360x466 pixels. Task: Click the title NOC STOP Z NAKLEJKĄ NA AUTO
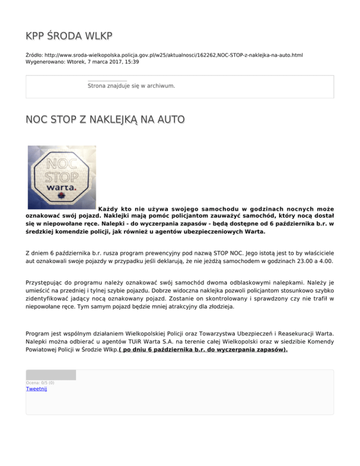pos(105,119)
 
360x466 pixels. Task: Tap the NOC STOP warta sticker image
pos(61,177)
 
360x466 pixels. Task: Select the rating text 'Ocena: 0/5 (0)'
pos(40,383)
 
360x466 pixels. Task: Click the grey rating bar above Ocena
pos(51,375)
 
